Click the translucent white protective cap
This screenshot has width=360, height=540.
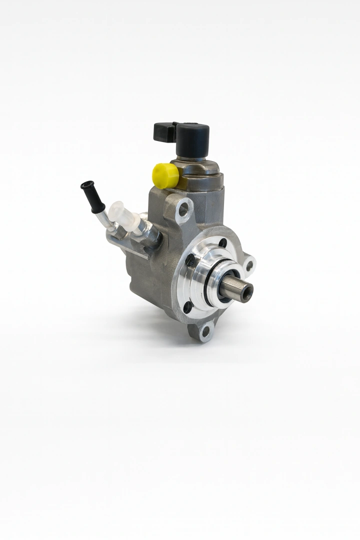pyautogui.click(x=123, y=215)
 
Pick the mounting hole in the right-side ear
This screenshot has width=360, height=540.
pyautogui.click(x=249, y=264)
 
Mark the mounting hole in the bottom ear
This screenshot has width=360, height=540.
pyautogui.click(x=205, y=330)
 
